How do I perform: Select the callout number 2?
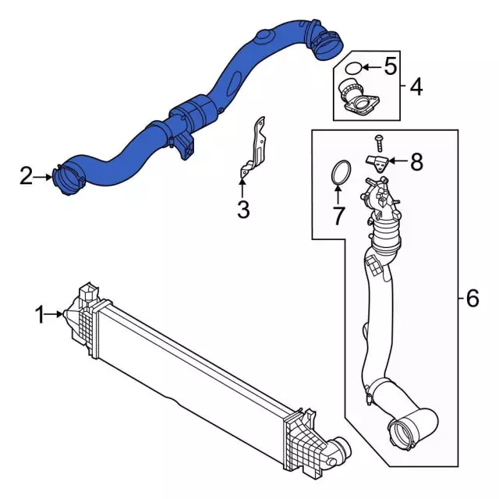pos(27,177)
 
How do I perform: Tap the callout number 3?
pos(242,209)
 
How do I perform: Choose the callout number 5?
pos(389,65)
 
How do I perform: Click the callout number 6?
pos(471,297)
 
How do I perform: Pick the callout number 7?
pos(338,214)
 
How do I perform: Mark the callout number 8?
pos(416,161)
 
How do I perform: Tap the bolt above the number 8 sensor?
pos(379,142)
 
